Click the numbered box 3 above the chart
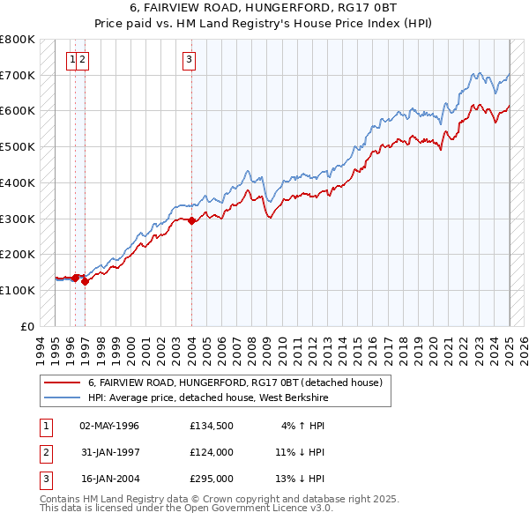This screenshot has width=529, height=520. point(189,60)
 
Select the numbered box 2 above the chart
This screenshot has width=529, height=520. point(82,60)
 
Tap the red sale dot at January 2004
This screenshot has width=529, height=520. point(192,220)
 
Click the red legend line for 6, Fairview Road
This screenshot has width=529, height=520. point(61,383)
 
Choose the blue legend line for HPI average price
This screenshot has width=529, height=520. point(61,398)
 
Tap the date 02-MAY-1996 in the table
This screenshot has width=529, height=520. point(109,426)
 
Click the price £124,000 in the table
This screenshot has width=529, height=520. point(211,452)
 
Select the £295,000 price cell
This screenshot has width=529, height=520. point(211,479)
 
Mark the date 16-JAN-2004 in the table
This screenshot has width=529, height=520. point(109,479)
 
